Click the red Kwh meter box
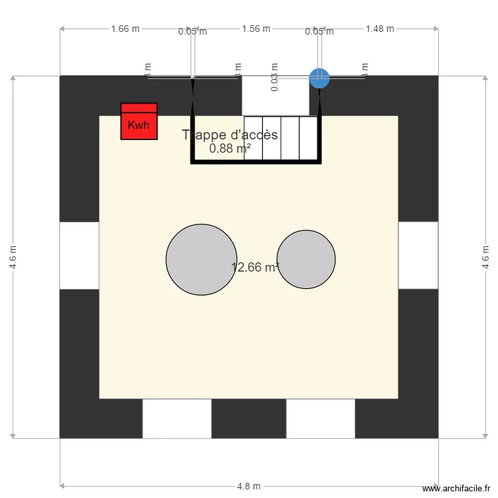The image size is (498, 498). coord(139,122)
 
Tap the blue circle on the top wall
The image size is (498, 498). coord(319,78)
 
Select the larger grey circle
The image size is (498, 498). coord(201,259)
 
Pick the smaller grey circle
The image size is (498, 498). coord(306,259)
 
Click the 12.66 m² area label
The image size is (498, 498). coord(255,268)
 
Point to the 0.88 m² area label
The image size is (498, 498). coord(230,149)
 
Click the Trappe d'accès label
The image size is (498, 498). coord(230,135)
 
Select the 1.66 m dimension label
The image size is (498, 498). coord(125,29)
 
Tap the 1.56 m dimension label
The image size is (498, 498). coord(256,29)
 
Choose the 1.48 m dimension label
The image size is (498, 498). coord(380,29)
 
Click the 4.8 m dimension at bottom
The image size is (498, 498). coord(249,486)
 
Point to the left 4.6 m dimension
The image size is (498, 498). coord(13,258)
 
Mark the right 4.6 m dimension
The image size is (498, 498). coord(486,258)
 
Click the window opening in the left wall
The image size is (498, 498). coord(79,256)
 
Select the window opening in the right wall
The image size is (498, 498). coord(418,256)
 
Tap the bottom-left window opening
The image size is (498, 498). coord(177,418)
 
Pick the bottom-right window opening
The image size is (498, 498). coord(321,418)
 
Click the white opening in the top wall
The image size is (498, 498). coord(275,95)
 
